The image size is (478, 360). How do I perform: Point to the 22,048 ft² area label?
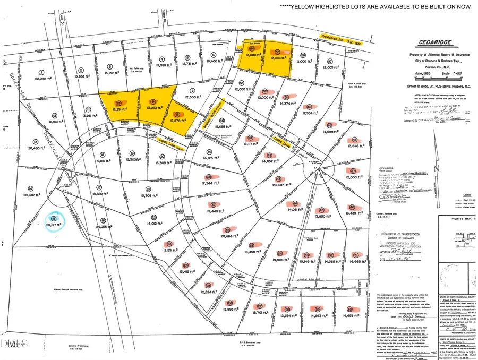(x=45, y=79)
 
